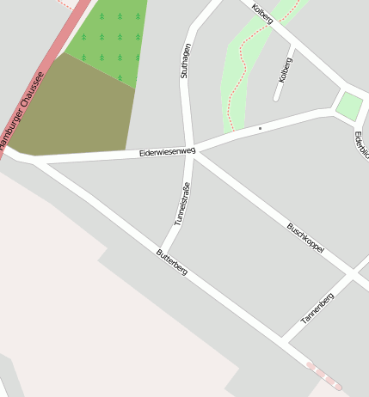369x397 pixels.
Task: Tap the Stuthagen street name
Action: coord(185,61)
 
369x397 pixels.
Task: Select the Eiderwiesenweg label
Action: coord(167,152)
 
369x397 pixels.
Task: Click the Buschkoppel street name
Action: coord(304,236)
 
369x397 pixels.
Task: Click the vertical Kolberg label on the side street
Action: coord(286,69)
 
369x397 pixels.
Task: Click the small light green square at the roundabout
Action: coord(349,106)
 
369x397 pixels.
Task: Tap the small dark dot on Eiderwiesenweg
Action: coord(260,128)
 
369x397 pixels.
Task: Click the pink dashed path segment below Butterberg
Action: coord(324,376)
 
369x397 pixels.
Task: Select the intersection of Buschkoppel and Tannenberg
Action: coord(350,275)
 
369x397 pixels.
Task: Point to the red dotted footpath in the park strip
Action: coord(243,69)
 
